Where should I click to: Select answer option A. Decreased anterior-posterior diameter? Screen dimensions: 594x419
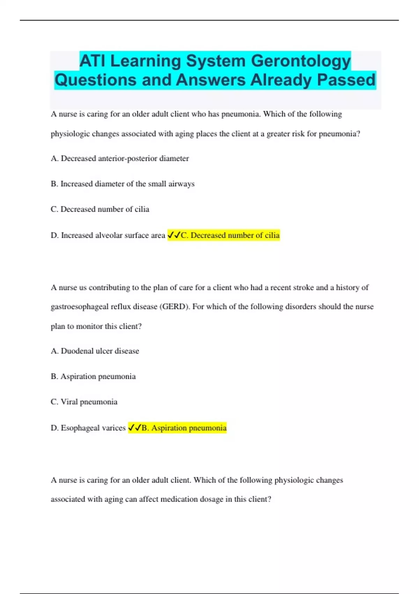pyautogui.click(x=120, y=159)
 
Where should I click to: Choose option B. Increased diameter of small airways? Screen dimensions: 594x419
pyautogui.click(x=123, y=184)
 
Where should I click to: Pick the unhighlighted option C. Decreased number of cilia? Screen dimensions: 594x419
pyautogui.click(x=100, y=209)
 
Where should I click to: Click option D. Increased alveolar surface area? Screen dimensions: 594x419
pyautogui.click(x=108, y=236)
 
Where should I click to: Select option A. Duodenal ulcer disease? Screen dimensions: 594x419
pyautogui.click(x=95, y=351)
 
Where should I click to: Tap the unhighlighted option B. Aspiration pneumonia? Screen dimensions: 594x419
pyautogui.click(x=93, y=377)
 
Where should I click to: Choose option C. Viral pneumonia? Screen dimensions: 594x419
pyautogui.click(x=84, y=402)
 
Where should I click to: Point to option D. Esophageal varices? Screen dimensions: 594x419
pyautogui.click(x=88, y=428)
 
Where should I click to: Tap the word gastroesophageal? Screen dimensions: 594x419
pyautogui.click(x=80, y=307)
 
